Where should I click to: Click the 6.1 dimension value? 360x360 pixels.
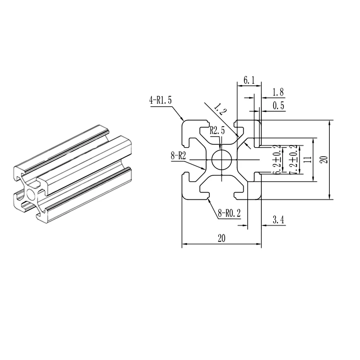tap(249, 81)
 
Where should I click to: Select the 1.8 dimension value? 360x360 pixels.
tap(277, 92)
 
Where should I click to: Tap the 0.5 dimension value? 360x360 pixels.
tap(277, 105)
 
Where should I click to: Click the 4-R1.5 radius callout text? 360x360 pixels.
tap(161, 100)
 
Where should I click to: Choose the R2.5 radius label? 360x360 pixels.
tap(217, 131)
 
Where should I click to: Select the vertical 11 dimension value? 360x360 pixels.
tap(307, 159)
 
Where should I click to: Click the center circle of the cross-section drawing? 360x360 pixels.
tap(221, 160)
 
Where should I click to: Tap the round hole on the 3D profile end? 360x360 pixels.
tap(31, 195)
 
